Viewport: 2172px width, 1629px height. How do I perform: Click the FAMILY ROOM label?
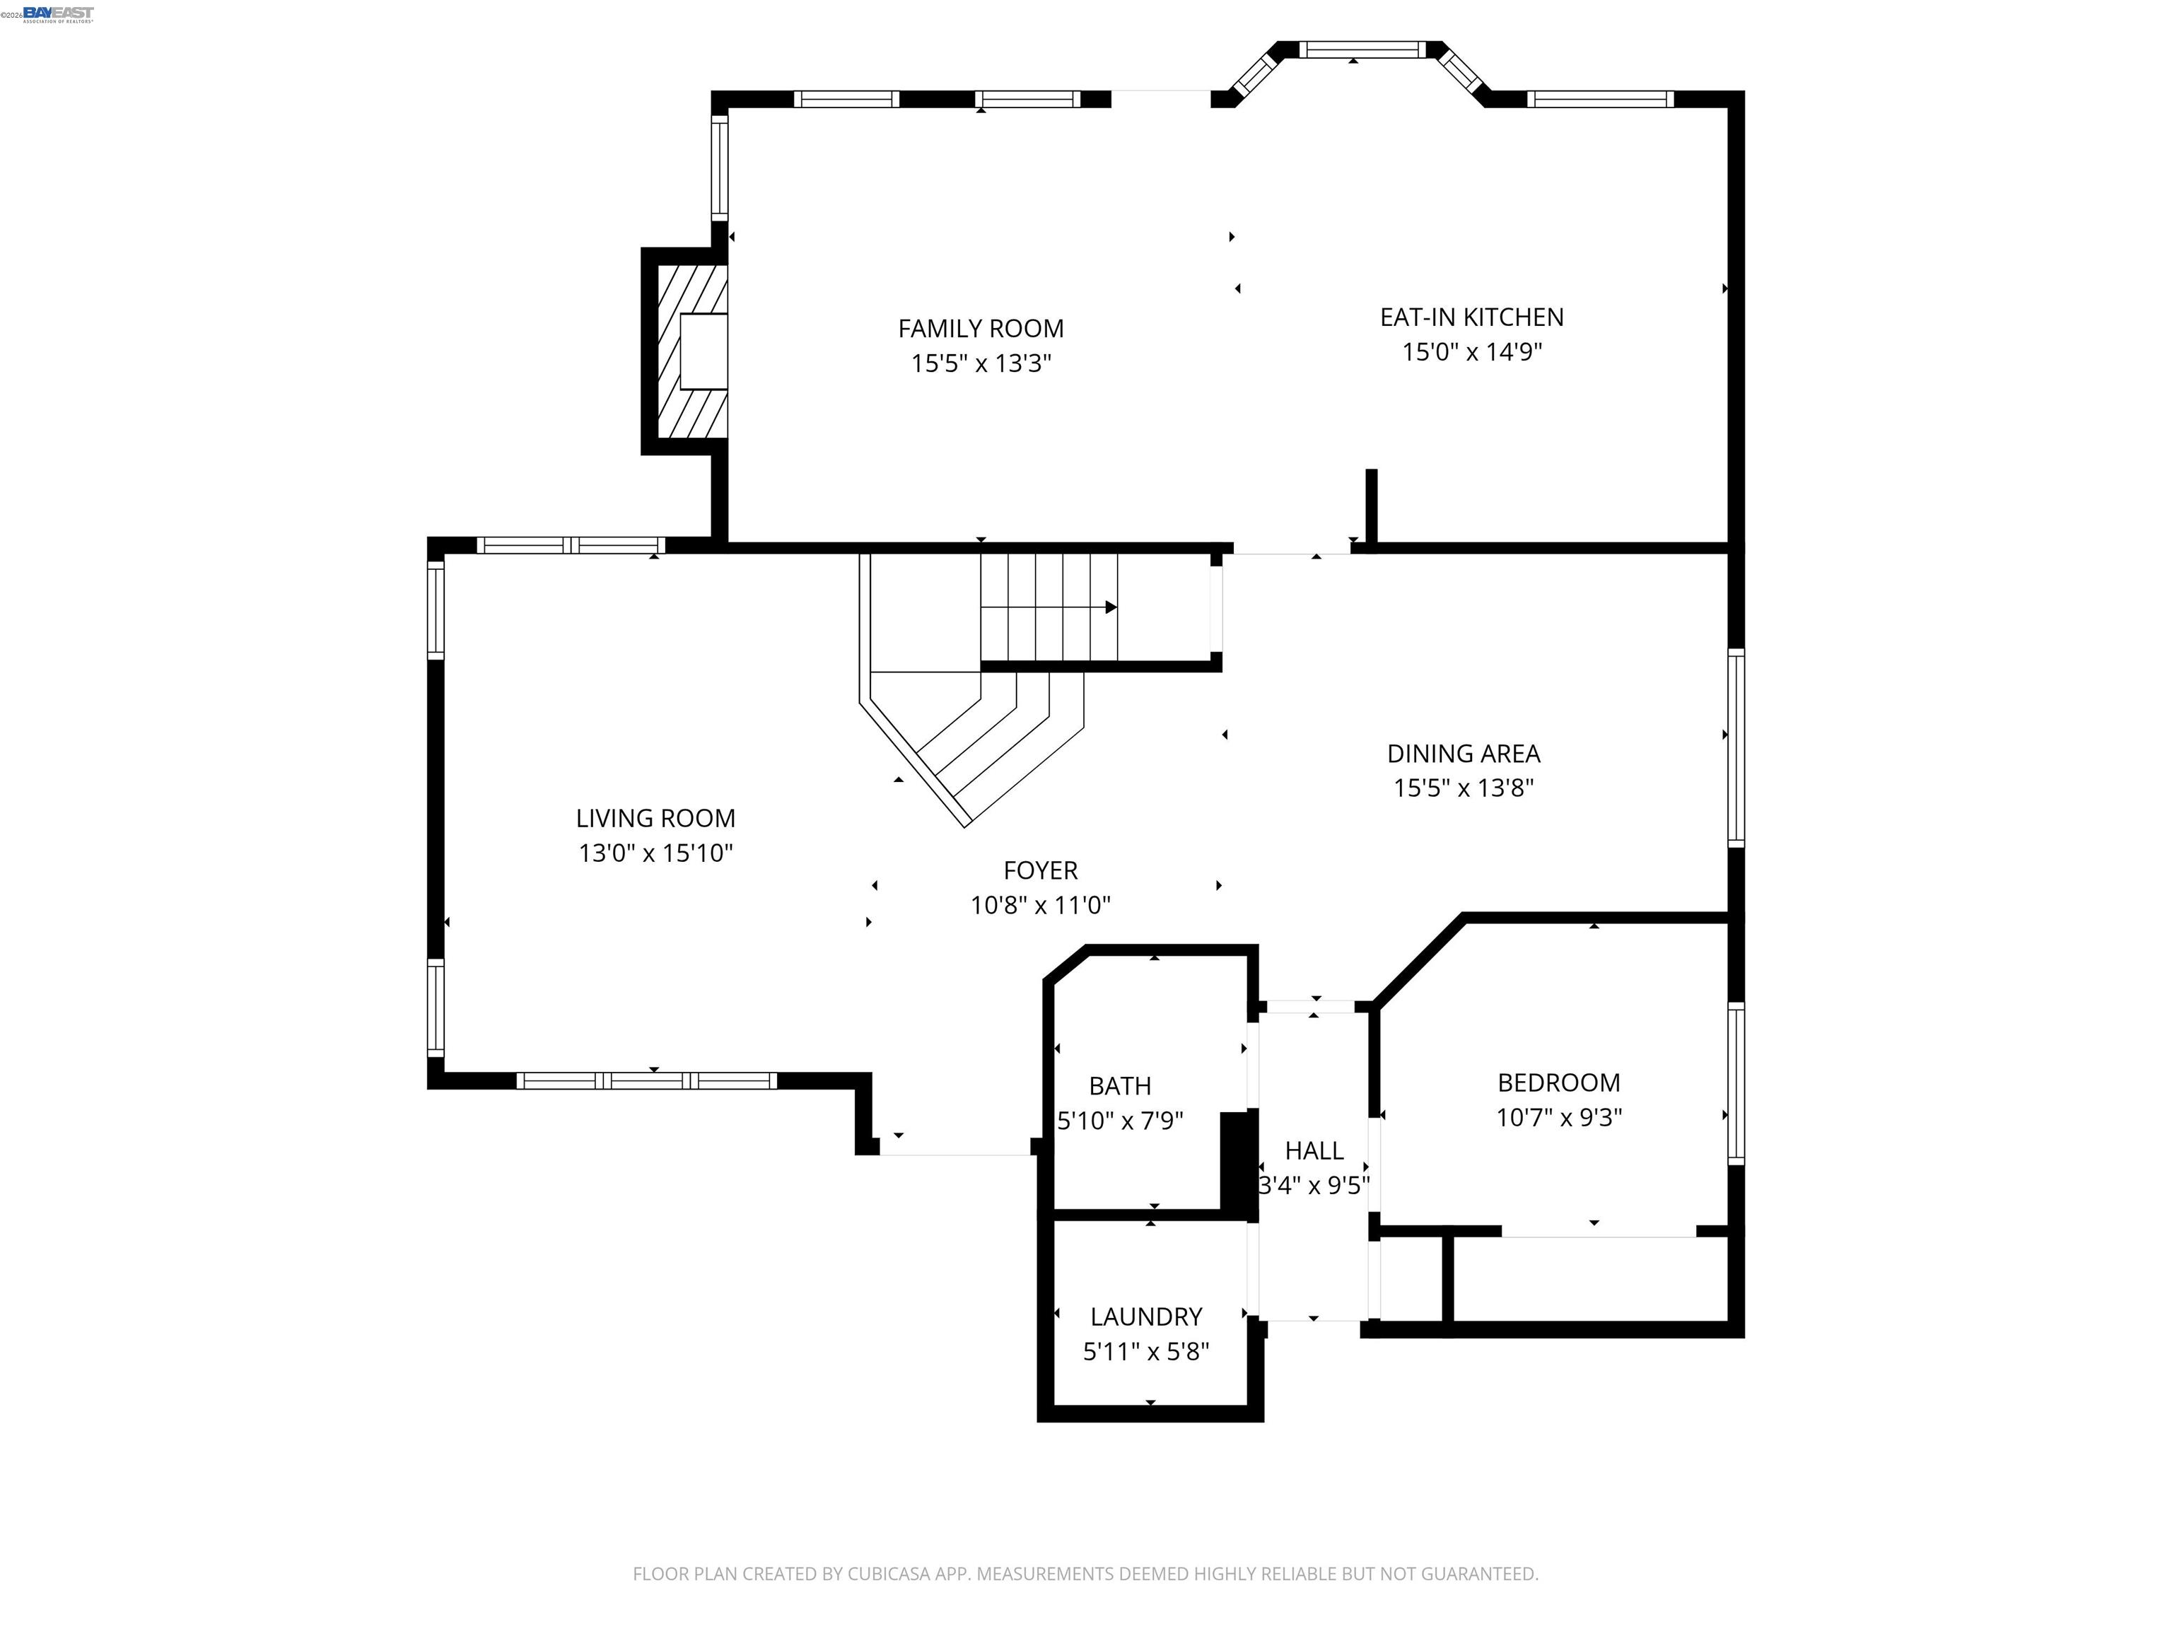980,328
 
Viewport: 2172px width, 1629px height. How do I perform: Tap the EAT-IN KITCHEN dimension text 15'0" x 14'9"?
1471,351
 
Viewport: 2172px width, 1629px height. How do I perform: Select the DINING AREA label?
1463,753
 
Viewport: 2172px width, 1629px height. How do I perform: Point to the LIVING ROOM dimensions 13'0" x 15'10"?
655,852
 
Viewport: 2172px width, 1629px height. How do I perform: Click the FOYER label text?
1040,870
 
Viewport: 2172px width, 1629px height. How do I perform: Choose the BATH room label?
1119,1086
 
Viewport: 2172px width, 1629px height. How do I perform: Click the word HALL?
1313,1150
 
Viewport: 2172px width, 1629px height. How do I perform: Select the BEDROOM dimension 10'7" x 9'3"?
1558,1117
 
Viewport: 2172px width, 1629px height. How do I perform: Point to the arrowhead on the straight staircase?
1111,607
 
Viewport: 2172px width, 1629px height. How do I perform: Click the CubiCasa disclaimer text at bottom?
1085,1573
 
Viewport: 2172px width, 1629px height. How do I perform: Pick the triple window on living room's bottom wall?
646,1081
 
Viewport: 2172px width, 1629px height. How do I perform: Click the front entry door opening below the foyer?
954,1154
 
